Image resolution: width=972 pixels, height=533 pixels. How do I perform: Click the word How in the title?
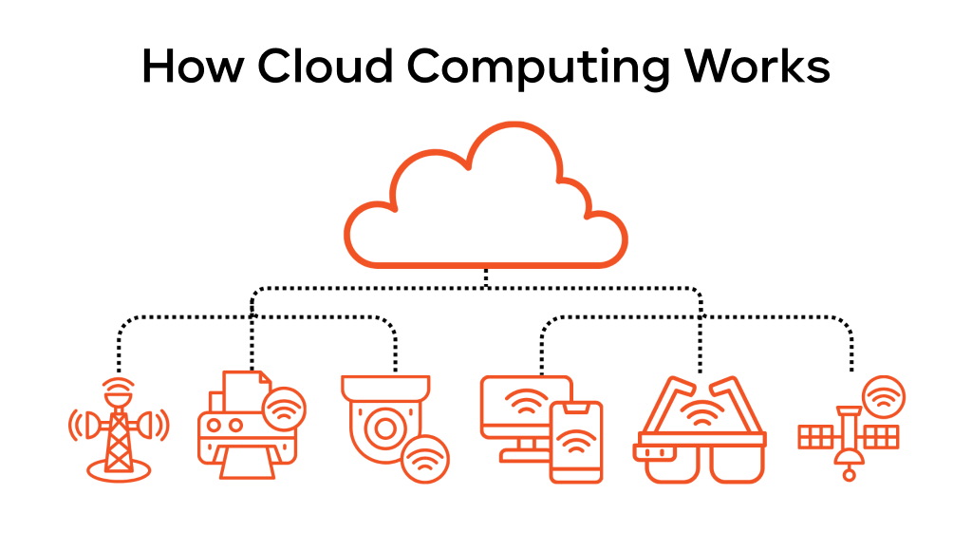pyautogui.click(x=191, y=67)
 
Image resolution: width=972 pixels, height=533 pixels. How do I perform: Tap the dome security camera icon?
pyautogui.click(x=384, y=418)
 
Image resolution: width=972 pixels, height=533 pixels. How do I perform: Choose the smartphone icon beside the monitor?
pyautogui.click(x=576, y=442)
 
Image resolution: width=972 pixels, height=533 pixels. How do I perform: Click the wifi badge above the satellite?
pyautogui.click(x=883, y=397)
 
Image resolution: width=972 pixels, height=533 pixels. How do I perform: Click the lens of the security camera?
pyautogui.click(x=384, y=428)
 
